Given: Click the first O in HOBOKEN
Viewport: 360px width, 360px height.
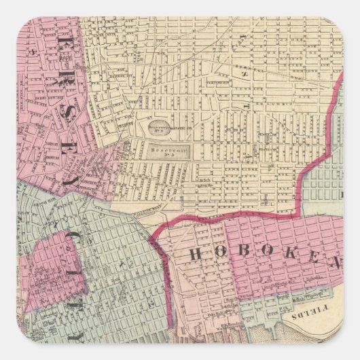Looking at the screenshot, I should (x=219, y=255).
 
